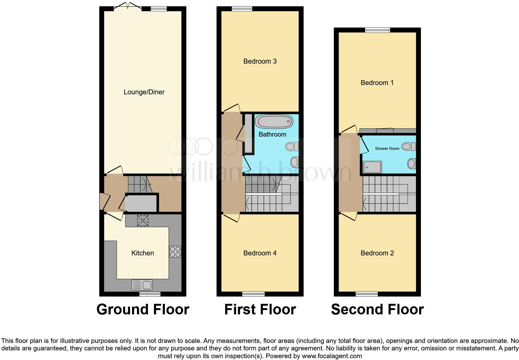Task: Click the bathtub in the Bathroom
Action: pos(274,122)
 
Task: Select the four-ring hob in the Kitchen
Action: pos(175,252)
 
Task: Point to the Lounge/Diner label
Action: pos(144,92)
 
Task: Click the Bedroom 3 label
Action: pos(260,61)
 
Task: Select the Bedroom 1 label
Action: pos(377,83)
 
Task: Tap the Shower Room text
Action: pos(387,149)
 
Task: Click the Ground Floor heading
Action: pos(143,309)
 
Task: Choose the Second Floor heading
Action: pos(377,309)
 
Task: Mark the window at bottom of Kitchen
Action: pos(150,294)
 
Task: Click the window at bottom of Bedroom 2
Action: pos(367,294)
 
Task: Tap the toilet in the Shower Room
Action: pos(408,146)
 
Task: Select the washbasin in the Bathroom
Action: pos(295,162)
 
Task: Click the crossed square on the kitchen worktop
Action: pos(142,221)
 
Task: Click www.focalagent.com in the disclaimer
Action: pos(332,356)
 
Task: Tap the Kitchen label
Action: pos(142,253)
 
